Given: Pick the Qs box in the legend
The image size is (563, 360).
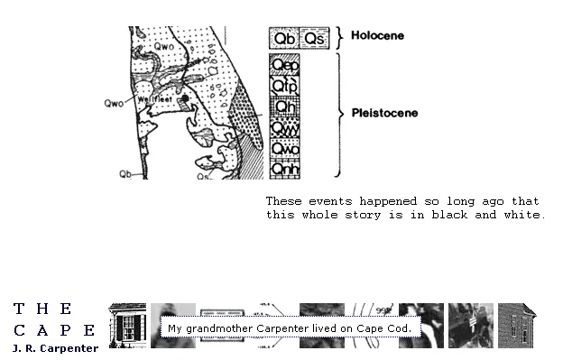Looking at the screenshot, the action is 313,38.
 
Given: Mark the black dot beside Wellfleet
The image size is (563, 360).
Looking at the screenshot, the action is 184,97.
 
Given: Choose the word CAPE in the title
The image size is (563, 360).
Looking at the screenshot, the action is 54,330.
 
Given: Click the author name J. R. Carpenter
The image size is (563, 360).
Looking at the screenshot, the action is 55,348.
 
